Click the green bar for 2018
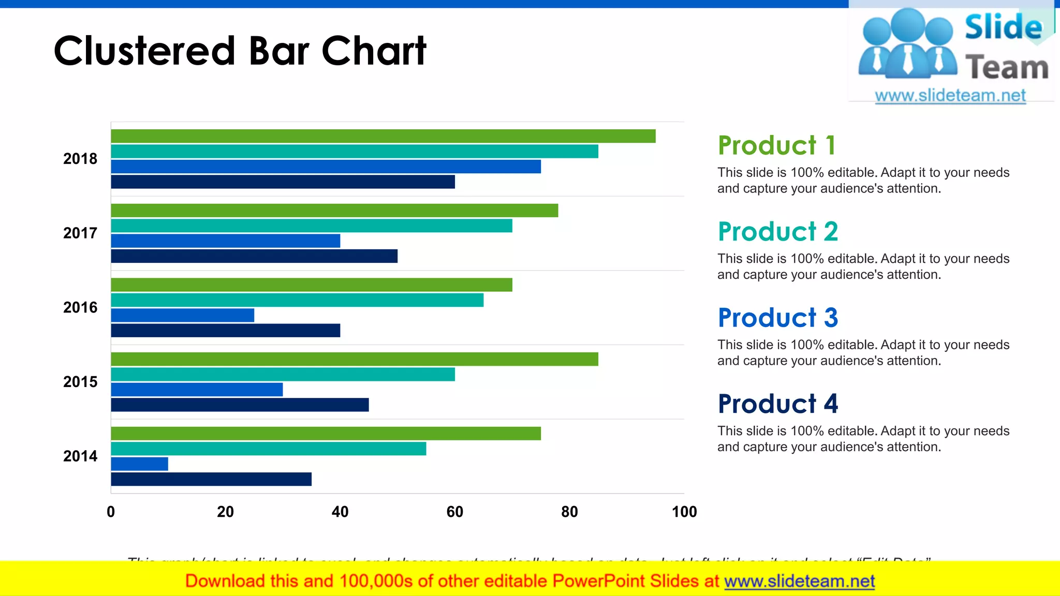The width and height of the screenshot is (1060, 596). click(383, 136)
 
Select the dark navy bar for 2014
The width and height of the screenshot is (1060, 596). click(211, 479)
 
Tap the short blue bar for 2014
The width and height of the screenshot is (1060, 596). click(139, 464)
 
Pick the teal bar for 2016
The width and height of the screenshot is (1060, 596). click(297, 300)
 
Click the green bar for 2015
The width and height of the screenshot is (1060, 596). click(355, 359)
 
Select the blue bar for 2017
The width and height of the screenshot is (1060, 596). click(225, 241)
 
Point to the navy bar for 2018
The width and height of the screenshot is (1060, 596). click(283, 182)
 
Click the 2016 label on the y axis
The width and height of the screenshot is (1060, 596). click(80, 307)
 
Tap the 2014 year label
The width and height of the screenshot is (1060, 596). click(80, 456)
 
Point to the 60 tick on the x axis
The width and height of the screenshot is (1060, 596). click(454, 512)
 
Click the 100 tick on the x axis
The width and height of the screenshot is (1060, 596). click(684, 512)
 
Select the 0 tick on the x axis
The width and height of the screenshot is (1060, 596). click(111, 512)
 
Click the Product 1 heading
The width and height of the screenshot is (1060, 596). click(776, 145)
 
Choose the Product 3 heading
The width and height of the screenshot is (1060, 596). click(777, 318)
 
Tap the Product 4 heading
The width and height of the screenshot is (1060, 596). click(777, 404)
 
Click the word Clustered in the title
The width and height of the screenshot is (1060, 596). click(145, 51)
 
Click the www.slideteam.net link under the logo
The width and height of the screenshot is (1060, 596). click(950, 96)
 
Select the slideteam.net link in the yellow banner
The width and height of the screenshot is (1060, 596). click(799, 582)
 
